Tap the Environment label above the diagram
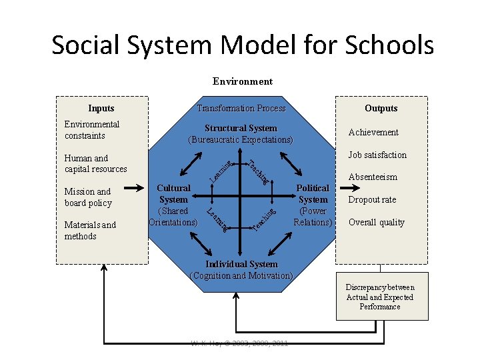[x=243, y=81]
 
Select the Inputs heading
[x=101, y=108]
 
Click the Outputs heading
[x=381, y=108]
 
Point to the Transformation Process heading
[x=241, y=108]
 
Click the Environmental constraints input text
[x=92, y=130]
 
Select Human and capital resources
[x=95, y=163]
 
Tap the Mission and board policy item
[x=88, y=197]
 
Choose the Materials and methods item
[x=90, y=231]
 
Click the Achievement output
[x=373, y=132]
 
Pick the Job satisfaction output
[x=377, y=155]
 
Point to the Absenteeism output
[x=373, y=177]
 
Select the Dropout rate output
[x=372, y=199]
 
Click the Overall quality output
[x=377, y=222]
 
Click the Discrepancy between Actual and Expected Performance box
[x=380, y=297]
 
